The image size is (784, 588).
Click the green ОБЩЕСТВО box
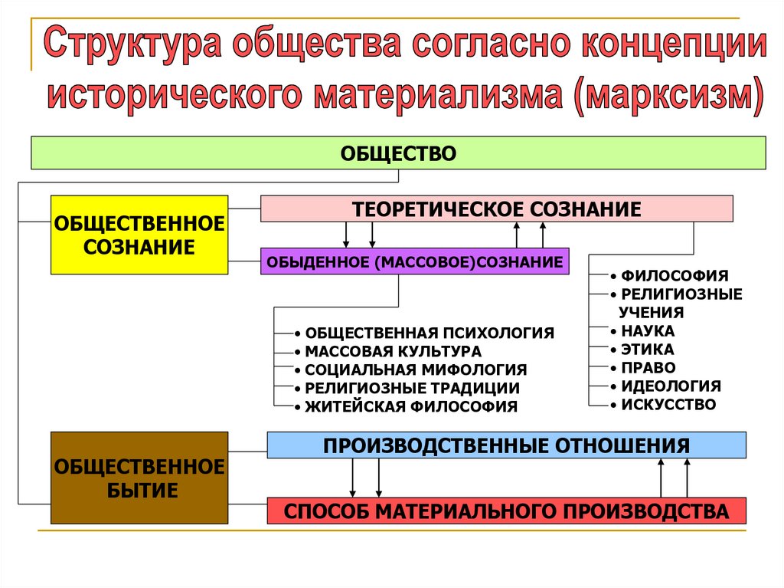pyautogui.click(x=398, y=153)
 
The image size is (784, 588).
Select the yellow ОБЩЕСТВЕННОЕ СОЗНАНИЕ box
pyautogui.click(x=139, y=235)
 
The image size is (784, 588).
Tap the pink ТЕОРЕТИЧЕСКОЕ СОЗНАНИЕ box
pyautogui.click(x=496, y=209)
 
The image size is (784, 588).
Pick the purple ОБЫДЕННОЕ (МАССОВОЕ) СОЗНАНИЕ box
pyautogui.click(x=414, y=262)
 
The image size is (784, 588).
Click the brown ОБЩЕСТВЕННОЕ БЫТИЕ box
pyautogui.click(x=139, y=478)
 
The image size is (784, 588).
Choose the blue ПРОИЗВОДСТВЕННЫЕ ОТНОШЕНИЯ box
pyautogui.click(x=506, y=445)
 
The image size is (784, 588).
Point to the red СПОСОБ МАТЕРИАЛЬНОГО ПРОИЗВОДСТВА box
pyautogui.click(x=506, y=511)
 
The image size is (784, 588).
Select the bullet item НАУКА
pyautogui.click(x=648, y=331)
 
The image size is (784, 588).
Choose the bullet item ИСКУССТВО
pyautogui.click(x=668, y=404)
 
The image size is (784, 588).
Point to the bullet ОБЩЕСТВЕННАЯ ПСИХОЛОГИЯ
pyautogui.click(x=429, y=333)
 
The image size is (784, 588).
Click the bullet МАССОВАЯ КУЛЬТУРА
pyautogui.click(x=393, y=351)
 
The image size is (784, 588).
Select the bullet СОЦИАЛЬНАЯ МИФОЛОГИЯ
pyautogui.click(x=416, y=370)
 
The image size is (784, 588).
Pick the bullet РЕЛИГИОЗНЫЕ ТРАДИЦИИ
pyautogui.click(x=412, y=388)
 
